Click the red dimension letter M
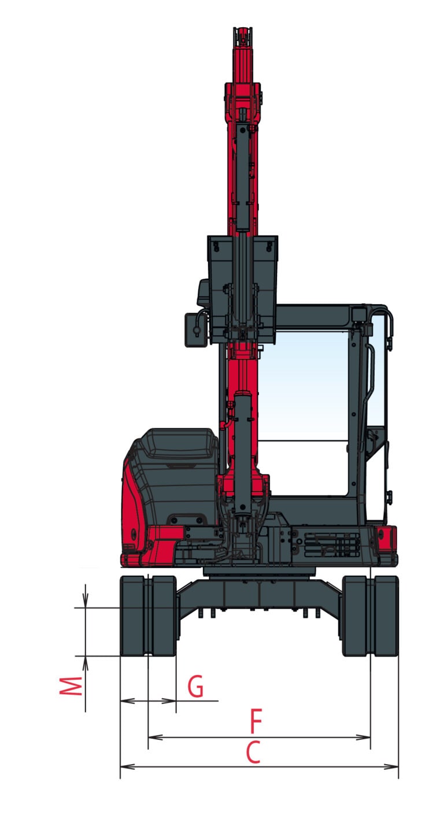point(71,686)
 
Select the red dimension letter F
point(256,721)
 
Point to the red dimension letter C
point(253,752)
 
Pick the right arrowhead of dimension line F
point(363,737)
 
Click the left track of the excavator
point(148,616)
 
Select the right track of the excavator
point(370,616)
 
